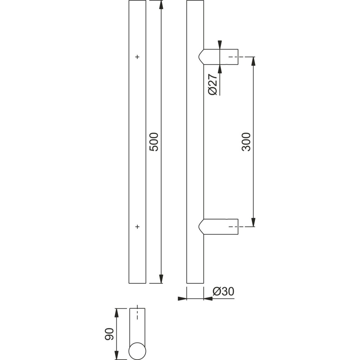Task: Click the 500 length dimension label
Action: [x=154, y=142]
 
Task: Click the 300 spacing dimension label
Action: [x=246, y=142]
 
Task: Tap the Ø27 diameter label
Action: [x=212, y=84]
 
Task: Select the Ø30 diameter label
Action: [x=223, y=291]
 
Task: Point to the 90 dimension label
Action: [x=109, y=334]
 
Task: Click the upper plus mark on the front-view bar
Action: [x=137, y=57]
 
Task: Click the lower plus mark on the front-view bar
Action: [x=137, y=227]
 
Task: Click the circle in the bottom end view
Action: [x=137, y=351]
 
